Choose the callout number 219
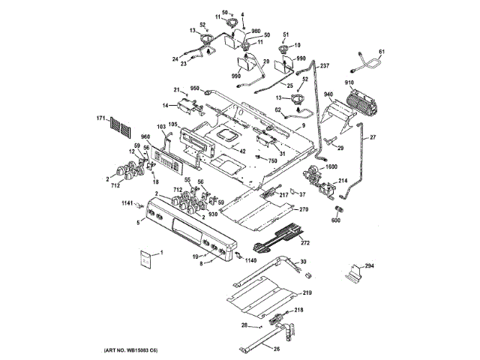307,292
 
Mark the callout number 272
305,243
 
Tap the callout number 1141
127,203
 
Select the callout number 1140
250,260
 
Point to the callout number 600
335,220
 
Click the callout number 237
325,66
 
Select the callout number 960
145,136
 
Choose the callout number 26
276,348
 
